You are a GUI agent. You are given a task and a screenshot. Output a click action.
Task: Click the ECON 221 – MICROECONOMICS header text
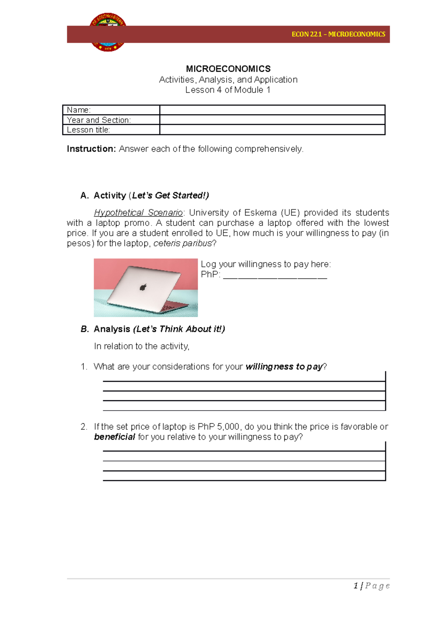click(x=338, y=34)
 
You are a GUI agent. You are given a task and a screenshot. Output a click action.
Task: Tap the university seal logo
click(x=108, y=32)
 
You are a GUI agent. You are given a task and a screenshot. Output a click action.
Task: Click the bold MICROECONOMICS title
click(x=228, y=69)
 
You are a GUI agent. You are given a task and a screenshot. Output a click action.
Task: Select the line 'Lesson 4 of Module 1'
click(x=228, y=90)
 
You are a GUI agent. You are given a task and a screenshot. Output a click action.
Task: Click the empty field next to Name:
click(x=272, y=110)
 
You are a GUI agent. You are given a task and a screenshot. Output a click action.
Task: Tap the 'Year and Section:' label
click(x=99, y=120)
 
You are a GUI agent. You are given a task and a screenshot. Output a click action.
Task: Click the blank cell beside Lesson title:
click(x=272, y=130)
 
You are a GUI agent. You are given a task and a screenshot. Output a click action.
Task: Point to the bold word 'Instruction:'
click(x=91, y=149)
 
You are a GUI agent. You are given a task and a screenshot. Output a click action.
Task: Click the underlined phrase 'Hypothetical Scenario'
click(x=138, y=213)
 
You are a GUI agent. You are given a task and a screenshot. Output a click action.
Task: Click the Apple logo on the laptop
click(x=143, y=287)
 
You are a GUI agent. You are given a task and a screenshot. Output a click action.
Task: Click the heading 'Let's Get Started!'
click(x=170, y=195)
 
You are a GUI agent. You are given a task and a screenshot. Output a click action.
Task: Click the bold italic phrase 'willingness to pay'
click(x=284, y=367)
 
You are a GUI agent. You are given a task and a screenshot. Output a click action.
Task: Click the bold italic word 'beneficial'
click(x=114, y=437)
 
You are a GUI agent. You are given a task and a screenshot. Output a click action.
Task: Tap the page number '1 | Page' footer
click(x=371, y=586)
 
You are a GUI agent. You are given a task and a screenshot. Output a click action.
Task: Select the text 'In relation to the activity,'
click(x=141, y=346)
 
